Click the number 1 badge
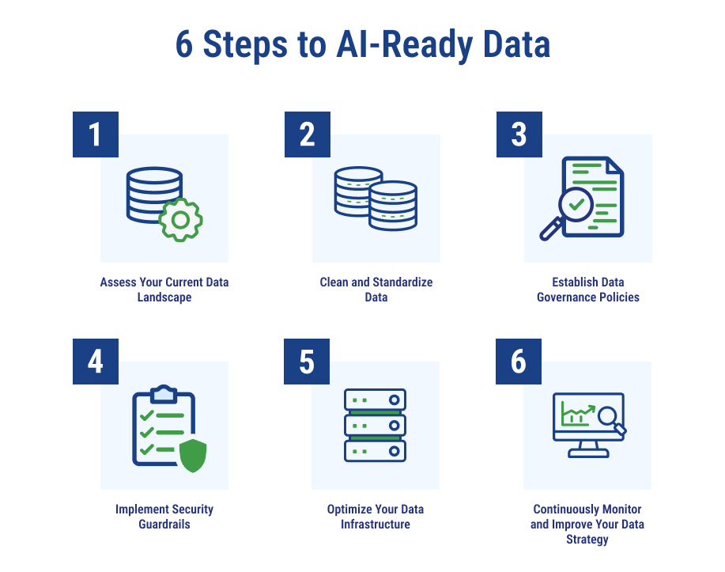pyautogui.click(x=96, y=134)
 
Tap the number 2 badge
pyautogui.click(x=308, y=134)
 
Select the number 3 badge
pyautogui.click(x=519, y=134)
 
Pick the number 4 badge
pyautogui.click(x=96, y=362)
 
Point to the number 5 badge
pyautogui.click(x=307, y=362)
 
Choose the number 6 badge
pyautogui.click(x=519, y=362)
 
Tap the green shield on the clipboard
pyautogui.click(x=193, y=456)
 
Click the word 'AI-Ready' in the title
pyautogui.click(x=405, y=45)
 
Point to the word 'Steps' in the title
pyautogui.click(x=245, y=45)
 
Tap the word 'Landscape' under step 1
pyautogui.click(x=164, y=297)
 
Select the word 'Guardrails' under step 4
pyautogui.click(x=164, y=525)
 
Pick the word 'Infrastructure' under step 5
pyautogui.click(x=376, y=525)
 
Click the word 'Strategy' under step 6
pyautogui.click(x=587, y=540)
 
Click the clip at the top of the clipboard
pyautogui.click(x=164, y=393)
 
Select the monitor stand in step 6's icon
pyautogui.click(x=588, y=449)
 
